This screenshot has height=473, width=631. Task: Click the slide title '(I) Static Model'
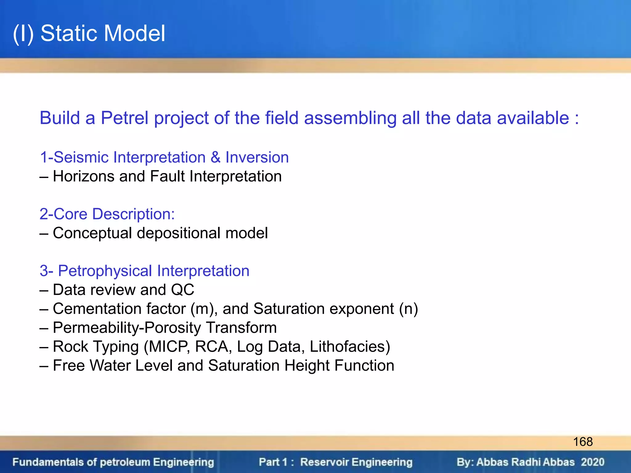(89, 33)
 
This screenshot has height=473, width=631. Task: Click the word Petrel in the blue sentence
(125, 118)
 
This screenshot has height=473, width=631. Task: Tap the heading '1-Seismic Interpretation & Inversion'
(164, 157)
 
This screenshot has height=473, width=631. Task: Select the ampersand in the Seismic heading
(215, 157)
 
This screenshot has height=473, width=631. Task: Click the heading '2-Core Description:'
(107, 214)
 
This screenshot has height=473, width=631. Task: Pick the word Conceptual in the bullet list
(92, 233)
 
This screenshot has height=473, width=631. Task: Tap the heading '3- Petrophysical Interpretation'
(144, 271)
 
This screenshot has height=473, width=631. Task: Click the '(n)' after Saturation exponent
(408, 309)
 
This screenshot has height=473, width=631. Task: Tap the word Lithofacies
(350, 347)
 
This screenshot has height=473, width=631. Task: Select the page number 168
(583, 442)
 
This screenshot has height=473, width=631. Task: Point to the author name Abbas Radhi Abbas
(525, 462)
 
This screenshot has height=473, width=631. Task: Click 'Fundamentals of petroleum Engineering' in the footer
(113, 462)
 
